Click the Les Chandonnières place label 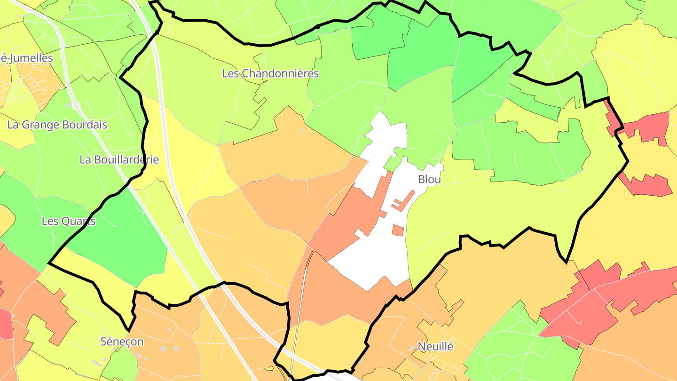pos(270,74)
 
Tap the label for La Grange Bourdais pos(57,125)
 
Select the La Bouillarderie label pos(119,160)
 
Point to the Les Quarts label pos(69,221)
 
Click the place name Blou pos(429,180)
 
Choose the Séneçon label pos(122,342)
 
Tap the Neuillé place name pos(436,347)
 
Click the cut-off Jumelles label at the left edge pos(26,58)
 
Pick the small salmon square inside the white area pos(398,230)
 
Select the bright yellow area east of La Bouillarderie pos(188,165)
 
